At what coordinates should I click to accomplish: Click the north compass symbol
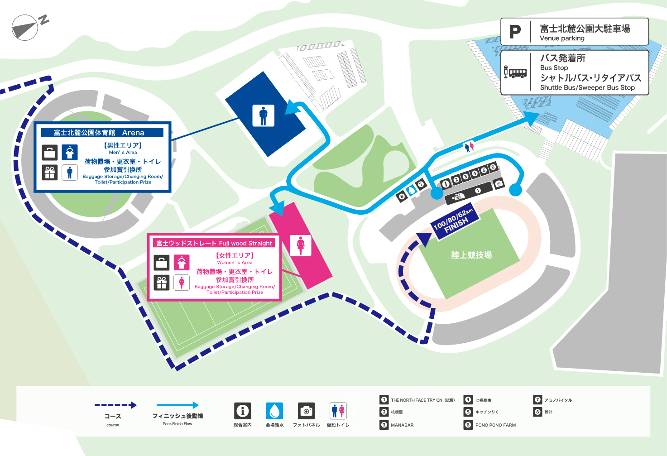pos(25,28)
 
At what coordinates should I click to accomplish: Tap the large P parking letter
pos(515,32)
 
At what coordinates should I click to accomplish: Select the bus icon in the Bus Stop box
pos(515,72)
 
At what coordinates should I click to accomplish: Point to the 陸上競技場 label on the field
pos(471,255)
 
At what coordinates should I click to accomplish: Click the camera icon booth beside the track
pos(499,183)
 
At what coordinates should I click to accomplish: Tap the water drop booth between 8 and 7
pos(412,191)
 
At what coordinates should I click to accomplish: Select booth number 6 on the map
pos(493,168)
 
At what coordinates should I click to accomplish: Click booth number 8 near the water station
pos(402,197)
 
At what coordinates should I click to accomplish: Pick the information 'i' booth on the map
pos(446,183)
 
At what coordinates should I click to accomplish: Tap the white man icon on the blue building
pos(263,115)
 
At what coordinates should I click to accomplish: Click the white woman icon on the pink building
pos(301,245)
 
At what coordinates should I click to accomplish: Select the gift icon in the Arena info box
pos(50,173)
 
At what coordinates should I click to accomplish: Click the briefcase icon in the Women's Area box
pos(162,263)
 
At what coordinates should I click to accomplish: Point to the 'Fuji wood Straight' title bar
pos(214,243)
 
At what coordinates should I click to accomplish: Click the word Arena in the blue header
pos(133,133)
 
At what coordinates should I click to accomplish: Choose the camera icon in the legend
pos(307,411)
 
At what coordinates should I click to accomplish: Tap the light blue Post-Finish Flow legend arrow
pos(178,405)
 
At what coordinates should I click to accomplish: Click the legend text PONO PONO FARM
pos(495,425)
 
